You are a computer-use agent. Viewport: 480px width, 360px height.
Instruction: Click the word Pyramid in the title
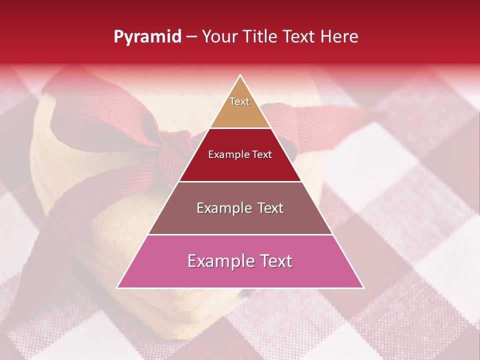click(147, 37)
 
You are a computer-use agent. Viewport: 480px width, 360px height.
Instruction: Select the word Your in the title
click(220, 37)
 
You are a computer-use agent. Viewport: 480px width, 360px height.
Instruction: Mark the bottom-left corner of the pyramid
click(117, 288)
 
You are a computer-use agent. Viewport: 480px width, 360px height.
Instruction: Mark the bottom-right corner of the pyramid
click(363, 288)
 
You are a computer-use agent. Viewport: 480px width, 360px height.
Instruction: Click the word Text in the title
click(300, 37)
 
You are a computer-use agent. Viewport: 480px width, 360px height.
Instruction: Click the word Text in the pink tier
click(276, 261)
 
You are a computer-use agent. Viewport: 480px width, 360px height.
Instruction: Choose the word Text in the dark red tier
click(262, 154)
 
